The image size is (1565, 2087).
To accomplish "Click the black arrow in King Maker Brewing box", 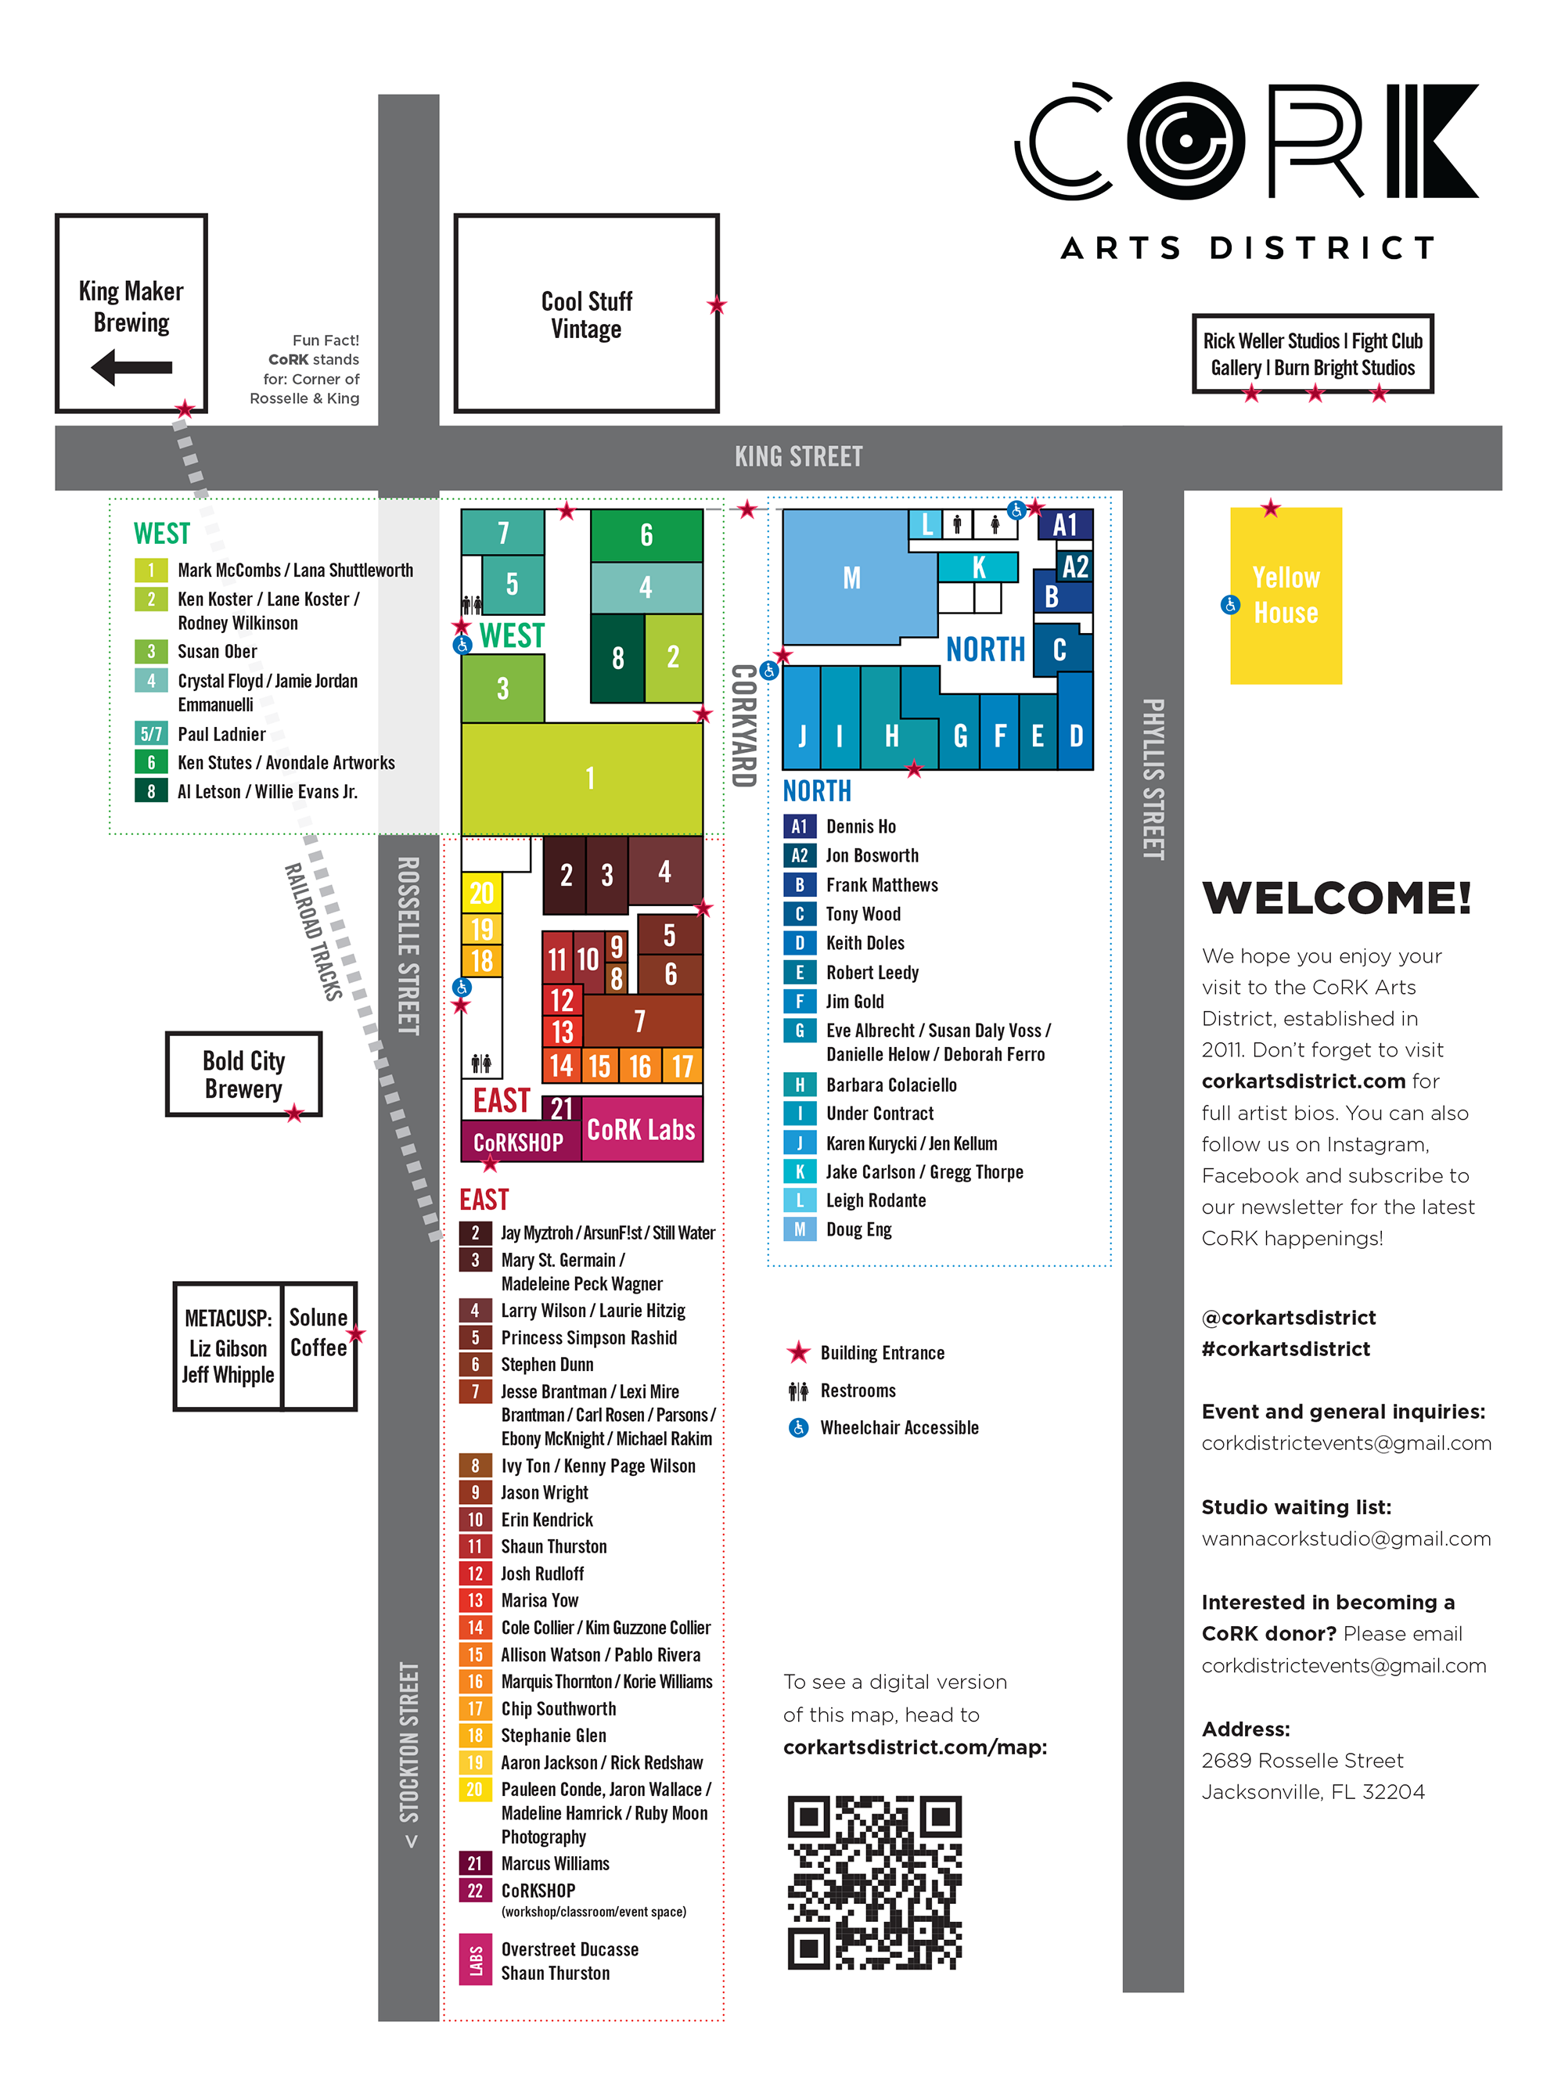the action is pos(131,367).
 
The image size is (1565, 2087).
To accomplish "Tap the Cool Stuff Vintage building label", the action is pos(586,315).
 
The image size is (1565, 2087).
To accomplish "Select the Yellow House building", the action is pos(1285,596).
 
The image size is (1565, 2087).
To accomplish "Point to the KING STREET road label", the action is pos(798,458).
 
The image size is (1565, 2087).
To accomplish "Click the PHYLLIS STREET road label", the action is pos(1153,779).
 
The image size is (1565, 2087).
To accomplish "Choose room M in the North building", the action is pos(851,578).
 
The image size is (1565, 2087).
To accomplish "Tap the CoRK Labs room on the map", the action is pos(641,1129).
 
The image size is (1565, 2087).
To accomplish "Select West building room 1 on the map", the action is pos(589,779).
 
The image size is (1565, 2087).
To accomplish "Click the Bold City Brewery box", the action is pos(243,1074).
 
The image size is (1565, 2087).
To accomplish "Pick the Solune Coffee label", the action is pos(318,1331).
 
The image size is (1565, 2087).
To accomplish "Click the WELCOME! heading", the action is pos(1336,898).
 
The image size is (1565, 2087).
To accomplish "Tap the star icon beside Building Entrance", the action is pos(798,1352).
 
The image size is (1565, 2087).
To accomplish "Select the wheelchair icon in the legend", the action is pos(798,1427).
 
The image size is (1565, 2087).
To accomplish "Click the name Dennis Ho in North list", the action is pos(860,826).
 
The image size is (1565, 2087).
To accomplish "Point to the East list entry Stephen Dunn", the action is pos(547,1364).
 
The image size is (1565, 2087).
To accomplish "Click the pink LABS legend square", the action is pos(474,1959).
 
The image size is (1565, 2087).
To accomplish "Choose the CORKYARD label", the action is pos(743,725).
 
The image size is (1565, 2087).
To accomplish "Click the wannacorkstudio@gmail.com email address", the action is pos(1345,1538).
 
